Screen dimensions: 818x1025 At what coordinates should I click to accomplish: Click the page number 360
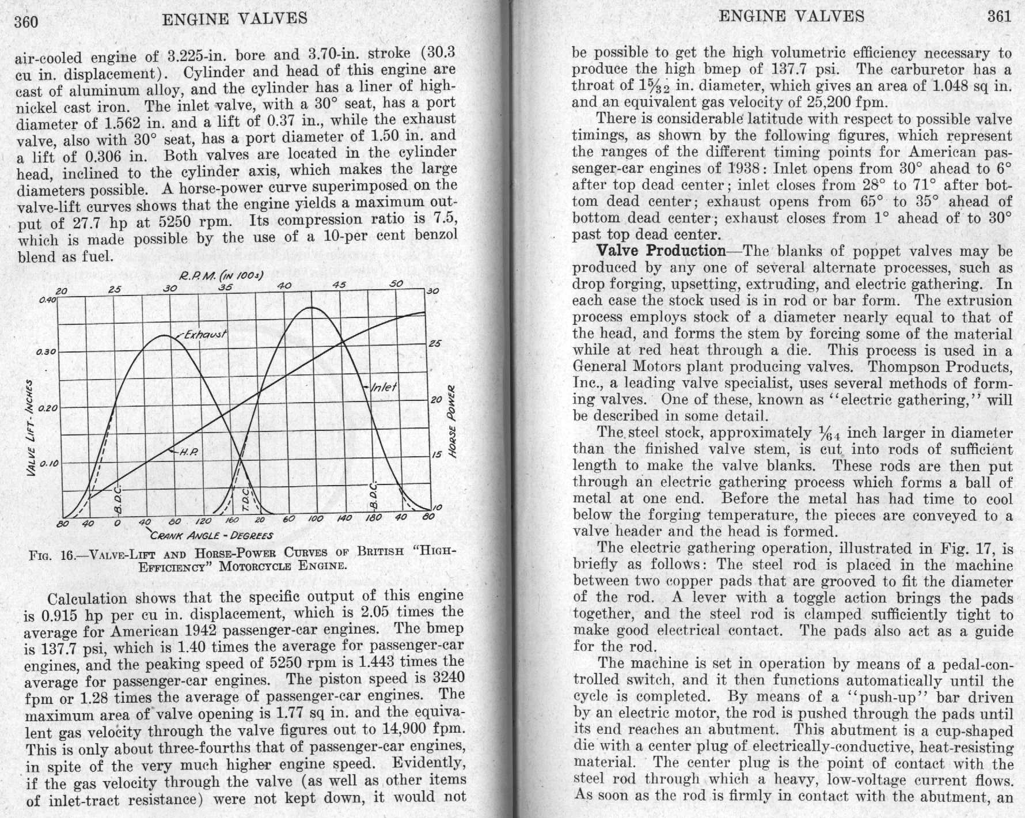[26, 21]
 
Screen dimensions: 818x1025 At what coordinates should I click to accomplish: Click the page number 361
[999, 16]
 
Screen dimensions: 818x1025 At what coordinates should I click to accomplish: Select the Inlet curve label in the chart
[384, 387]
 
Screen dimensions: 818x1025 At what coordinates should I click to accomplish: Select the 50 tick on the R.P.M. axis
[396, 284]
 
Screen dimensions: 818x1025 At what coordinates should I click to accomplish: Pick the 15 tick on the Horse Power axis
[436, 455]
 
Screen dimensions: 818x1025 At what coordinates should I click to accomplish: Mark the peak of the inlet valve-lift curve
[312, 308]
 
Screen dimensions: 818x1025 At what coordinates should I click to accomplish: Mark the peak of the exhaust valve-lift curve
[165, 335]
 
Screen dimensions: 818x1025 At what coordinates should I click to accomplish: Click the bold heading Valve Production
[661, 251]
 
